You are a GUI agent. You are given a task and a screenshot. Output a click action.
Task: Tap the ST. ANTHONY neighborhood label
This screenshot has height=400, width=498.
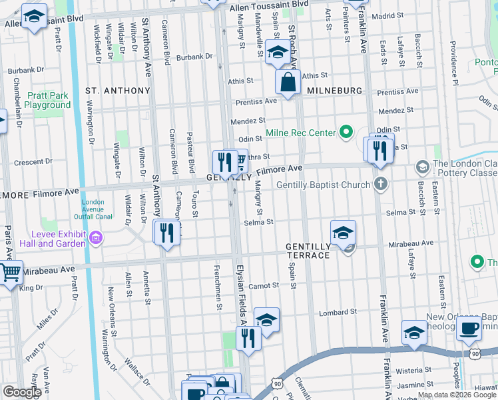(x=118, y=91)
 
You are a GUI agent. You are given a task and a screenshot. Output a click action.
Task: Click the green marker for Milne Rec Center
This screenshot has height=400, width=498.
(x=346, y=133)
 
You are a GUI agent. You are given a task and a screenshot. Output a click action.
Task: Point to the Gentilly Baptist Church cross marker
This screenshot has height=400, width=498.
(x=380, y=184)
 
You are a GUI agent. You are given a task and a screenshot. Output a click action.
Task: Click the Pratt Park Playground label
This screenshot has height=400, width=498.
(x=48, y=100)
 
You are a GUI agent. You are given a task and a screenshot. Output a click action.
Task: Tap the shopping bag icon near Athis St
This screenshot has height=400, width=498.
(x=288, y=83)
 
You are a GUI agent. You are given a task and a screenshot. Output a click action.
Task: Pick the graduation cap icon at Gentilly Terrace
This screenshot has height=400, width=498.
(x=343, y=233)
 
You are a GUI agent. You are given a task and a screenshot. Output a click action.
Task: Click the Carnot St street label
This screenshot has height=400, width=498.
(x=265, y=285)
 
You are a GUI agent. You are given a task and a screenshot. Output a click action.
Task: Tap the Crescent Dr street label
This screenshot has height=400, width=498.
(x=28, y=162)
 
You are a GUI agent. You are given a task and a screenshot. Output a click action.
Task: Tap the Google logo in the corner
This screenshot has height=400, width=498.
(x=22, y=392)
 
